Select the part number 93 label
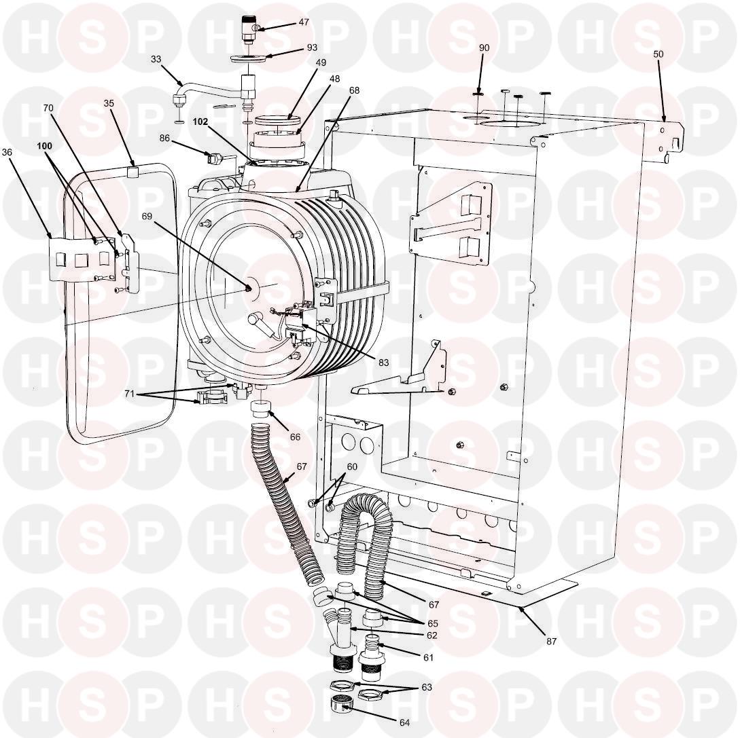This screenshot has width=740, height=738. tap(312, 47)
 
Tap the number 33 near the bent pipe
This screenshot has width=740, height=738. tap(156, 59)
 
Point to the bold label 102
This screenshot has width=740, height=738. tap(200, 122)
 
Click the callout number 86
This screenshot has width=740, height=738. tap(164, 139)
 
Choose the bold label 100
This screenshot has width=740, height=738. tap(44, 146)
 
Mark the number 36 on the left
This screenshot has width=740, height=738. tap(7, 152)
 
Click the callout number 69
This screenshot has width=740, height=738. tap(147, 216)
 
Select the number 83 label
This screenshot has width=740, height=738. tap(383, 362)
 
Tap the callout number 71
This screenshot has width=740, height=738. tap(129, 393)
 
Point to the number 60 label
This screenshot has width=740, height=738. tap(352, 466)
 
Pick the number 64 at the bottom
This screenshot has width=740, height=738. tap(404, 722)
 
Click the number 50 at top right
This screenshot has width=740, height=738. tap(658, 54)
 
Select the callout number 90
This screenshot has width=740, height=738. tap(484, 48)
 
